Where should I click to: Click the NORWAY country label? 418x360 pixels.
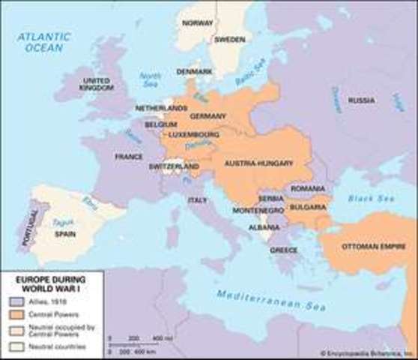[x=198, y=23]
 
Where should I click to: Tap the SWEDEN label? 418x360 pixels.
[x=229, y=40]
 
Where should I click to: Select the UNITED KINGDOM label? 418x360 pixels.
[x=96, y=84]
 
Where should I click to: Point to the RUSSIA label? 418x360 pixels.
[x=362, y=100]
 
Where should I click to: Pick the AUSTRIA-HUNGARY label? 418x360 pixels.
[x=252, y=162]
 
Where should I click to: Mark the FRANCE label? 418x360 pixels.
[x=128, y=157]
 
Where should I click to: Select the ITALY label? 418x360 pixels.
[x=198, y=200]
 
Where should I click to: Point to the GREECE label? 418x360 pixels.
[x=283, y=250]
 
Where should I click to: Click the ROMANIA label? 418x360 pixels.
[x=308, y=187]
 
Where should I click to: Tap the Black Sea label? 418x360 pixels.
[x=372, y=199]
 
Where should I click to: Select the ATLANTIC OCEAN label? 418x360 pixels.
[x=46, y=41]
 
